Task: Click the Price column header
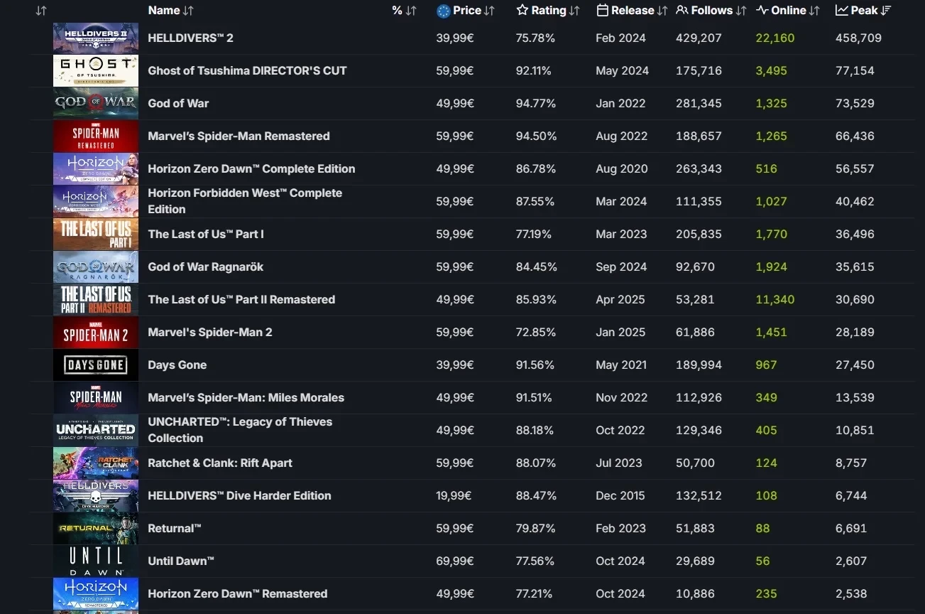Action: [466, 11]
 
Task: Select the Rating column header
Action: [548, 11]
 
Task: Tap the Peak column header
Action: [864, 11]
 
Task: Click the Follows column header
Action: [711, 11]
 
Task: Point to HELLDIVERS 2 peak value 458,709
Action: [858, 38]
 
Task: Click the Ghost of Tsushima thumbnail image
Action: [96, 70]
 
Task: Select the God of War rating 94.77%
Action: [535, 103]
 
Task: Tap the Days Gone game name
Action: [177, 365]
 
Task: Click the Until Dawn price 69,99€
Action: [455, 561]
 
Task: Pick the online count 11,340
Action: [775, 299]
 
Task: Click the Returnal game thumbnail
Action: [96, 528]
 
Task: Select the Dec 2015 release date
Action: [620, 495]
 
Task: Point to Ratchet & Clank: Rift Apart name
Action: [220, 463]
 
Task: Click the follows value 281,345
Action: [699, 103]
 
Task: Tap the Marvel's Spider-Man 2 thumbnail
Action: [96, 332]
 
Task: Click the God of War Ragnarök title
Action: [205, 266]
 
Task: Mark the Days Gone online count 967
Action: [766, 365]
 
